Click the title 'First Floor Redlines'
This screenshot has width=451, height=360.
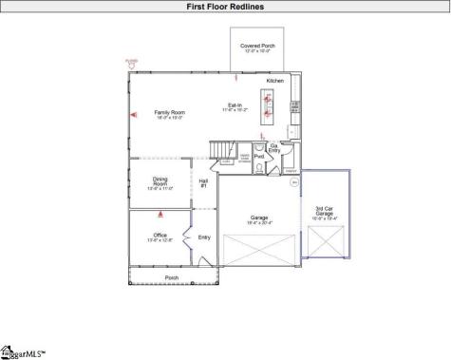(x=225, y=6)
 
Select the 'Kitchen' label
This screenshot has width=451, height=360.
(x=274, y=81)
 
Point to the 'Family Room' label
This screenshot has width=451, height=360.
(x=169, y=112)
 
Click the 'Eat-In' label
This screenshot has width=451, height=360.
(x=234, y=106)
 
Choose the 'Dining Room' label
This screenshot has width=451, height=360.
(x=160, y=182)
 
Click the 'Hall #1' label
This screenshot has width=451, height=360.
(x=203, y=182)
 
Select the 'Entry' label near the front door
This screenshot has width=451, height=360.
(x=203, y=237)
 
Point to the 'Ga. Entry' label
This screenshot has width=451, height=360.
(x=273, y=148)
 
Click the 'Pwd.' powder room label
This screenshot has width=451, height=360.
(x=258, y=155)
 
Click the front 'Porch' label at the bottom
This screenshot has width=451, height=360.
(x=172, y=277)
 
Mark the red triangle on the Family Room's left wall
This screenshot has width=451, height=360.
(x=133, y=116)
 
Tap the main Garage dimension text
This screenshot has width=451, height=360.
(x=261, y=223)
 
